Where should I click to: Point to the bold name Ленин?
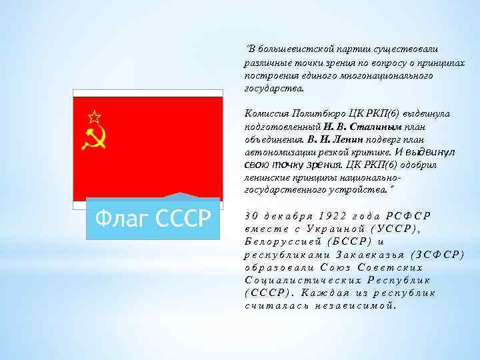click(x=347, y=139)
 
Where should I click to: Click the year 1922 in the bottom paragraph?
click(x=333, y=215)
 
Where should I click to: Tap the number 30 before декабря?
click(x=251, y=215)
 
